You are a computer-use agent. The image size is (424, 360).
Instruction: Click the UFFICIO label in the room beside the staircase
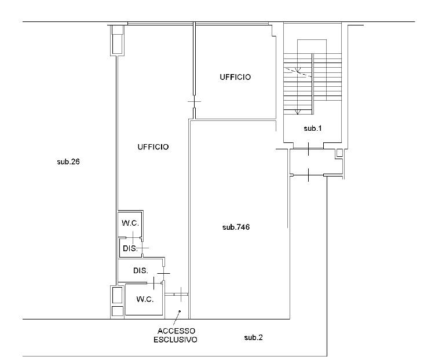235,78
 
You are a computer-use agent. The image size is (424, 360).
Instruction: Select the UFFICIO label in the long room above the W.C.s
153,147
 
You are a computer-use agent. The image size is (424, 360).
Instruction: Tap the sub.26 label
68,161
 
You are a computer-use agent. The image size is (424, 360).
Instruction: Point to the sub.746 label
236,227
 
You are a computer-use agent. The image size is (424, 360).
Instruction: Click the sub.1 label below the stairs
313,128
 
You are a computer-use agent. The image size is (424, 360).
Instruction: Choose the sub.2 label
253,337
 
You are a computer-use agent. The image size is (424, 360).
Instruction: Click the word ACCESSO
176,331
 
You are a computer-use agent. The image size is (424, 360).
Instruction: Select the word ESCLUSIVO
176,340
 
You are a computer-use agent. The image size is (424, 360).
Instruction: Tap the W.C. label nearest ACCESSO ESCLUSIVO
145,299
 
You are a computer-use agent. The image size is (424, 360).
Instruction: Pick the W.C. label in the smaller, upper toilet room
130,223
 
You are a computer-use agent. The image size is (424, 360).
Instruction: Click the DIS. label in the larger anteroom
141,270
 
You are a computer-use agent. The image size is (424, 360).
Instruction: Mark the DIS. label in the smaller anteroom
130,248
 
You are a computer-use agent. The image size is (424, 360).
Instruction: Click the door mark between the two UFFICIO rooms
195,102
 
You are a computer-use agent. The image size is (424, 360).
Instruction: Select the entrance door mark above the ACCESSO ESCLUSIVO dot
181,294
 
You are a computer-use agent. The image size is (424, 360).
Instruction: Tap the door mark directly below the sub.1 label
309,149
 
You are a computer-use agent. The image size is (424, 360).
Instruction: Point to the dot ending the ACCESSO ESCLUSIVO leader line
180,311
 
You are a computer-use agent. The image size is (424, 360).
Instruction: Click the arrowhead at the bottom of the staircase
298,112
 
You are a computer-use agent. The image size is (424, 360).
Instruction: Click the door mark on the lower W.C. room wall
153,283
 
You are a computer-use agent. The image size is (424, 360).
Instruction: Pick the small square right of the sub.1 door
339,153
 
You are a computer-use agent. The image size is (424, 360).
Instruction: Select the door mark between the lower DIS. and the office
163,273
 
